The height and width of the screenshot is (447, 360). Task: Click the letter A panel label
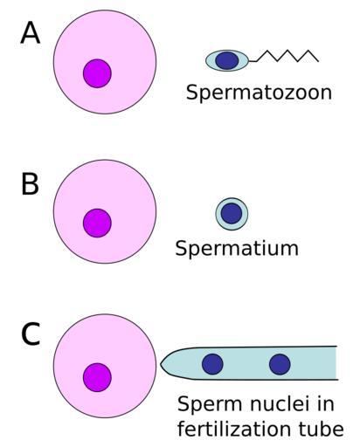(x=30, y=33)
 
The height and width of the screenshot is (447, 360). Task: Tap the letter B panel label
(x=30, y=184)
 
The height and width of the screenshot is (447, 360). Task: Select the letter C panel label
(x=31, y=334)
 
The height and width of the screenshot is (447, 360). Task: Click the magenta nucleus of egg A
(x=97, y=73)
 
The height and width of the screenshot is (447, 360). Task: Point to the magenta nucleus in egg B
(x=97, y=223)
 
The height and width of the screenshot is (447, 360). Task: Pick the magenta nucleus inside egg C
(x=97, y=377)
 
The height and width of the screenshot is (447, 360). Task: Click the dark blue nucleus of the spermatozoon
(x=227, y=60)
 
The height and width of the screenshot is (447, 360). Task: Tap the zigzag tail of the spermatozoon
(x=284, y=56)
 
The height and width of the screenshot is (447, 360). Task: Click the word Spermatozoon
(x=259, y=93)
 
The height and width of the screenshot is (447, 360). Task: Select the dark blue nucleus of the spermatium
(x=232, y=213)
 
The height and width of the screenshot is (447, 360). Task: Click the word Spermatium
(x=237, y=248)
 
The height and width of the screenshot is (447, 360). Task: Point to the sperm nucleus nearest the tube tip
(x=212, y=364)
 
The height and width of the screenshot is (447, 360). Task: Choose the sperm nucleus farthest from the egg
(x=280, y=364)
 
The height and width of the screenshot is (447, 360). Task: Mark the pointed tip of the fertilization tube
(x=161, y=364)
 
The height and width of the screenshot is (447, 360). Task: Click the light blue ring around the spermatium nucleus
(x=232, y=200)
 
